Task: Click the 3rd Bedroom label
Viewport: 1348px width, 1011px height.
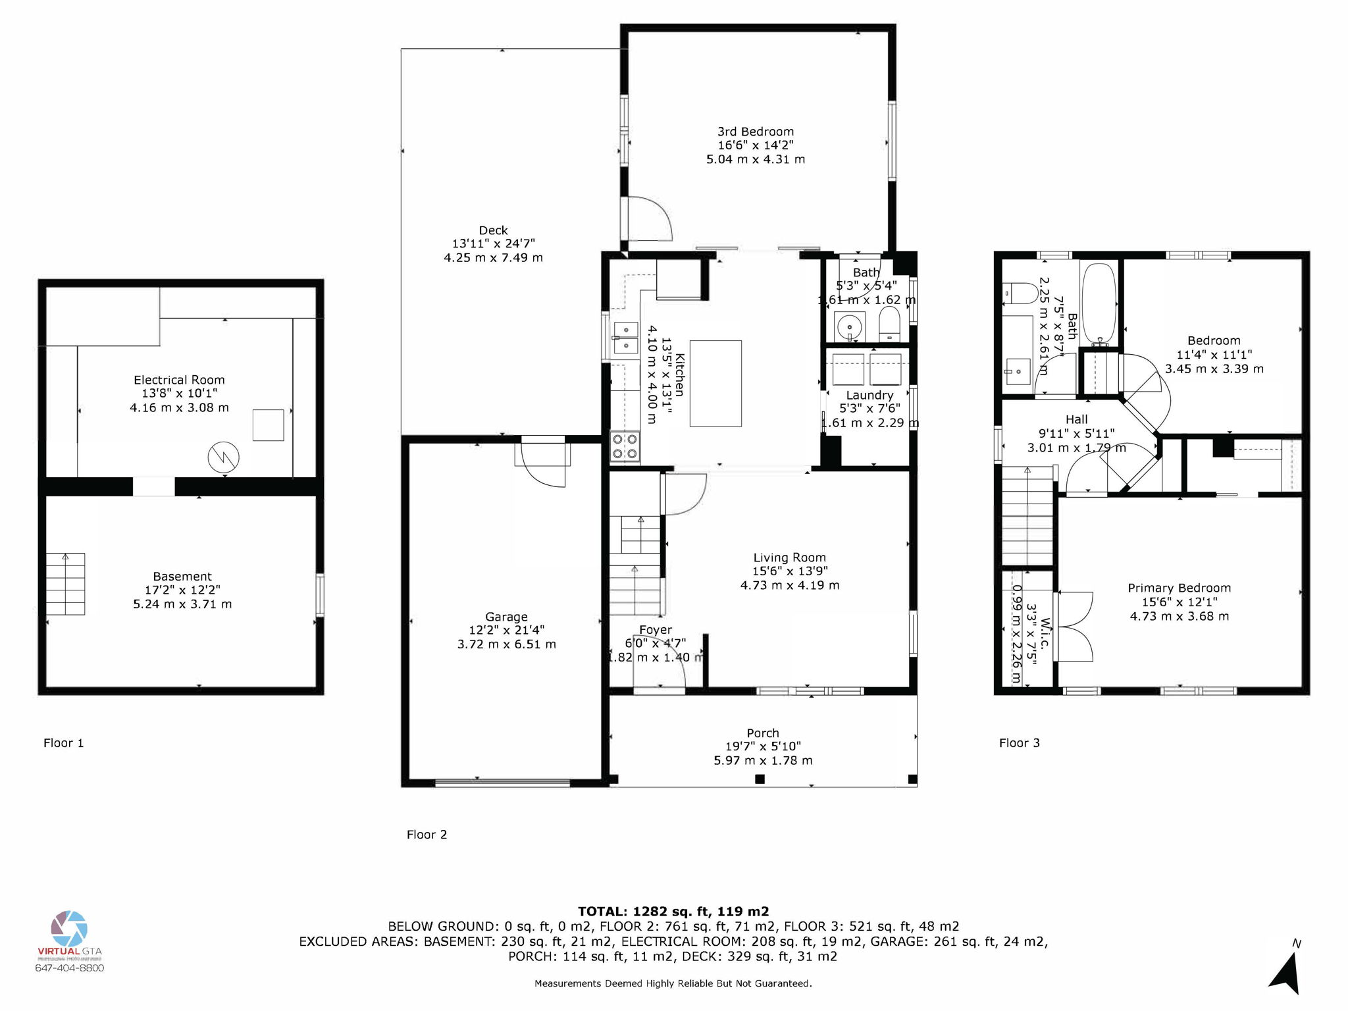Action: pyautogui.click(x=756, y=132)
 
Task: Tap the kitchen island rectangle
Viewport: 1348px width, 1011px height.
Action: pyautogui.click(x=715, y=384)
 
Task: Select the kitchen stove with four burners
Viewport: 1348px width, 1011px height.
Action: pyautogui.click(x=625, y=446)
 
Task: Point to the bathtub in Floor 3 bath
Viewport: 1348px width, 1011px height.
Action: pyautogui.click(x=1099, y=303)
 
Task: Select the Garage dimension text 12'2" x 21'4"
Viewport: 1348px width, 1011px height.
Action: pyautogui.click(x=506, y=631)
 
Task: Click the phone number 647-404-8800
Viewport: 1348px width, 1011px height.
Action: pyautogui.click(x=69, y=968)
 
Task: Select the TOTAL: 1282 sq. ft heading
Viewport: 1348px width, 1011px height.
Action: pyautogui.click(x=673, y=912)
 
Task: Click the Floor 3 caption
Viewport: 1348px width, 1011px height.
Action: pyautogui.click(x=1019, y=743)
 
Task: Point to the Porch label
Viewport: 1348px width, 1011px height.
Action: pyautogui.click(x=763, y=733)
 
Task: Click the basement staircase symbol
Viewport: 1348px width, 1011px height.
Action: pyautogui.click(x=65, y=584)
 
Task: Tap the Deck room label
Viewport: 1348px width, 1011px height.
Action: pyautogui.click(x=493, y=230)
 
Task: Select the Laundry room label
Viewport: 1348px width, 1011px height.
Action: pyautogui.click(x=869, y=395)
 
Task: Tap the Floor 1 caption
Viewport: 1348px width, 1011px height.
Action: pyautogui.click(x=63, y=743)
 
